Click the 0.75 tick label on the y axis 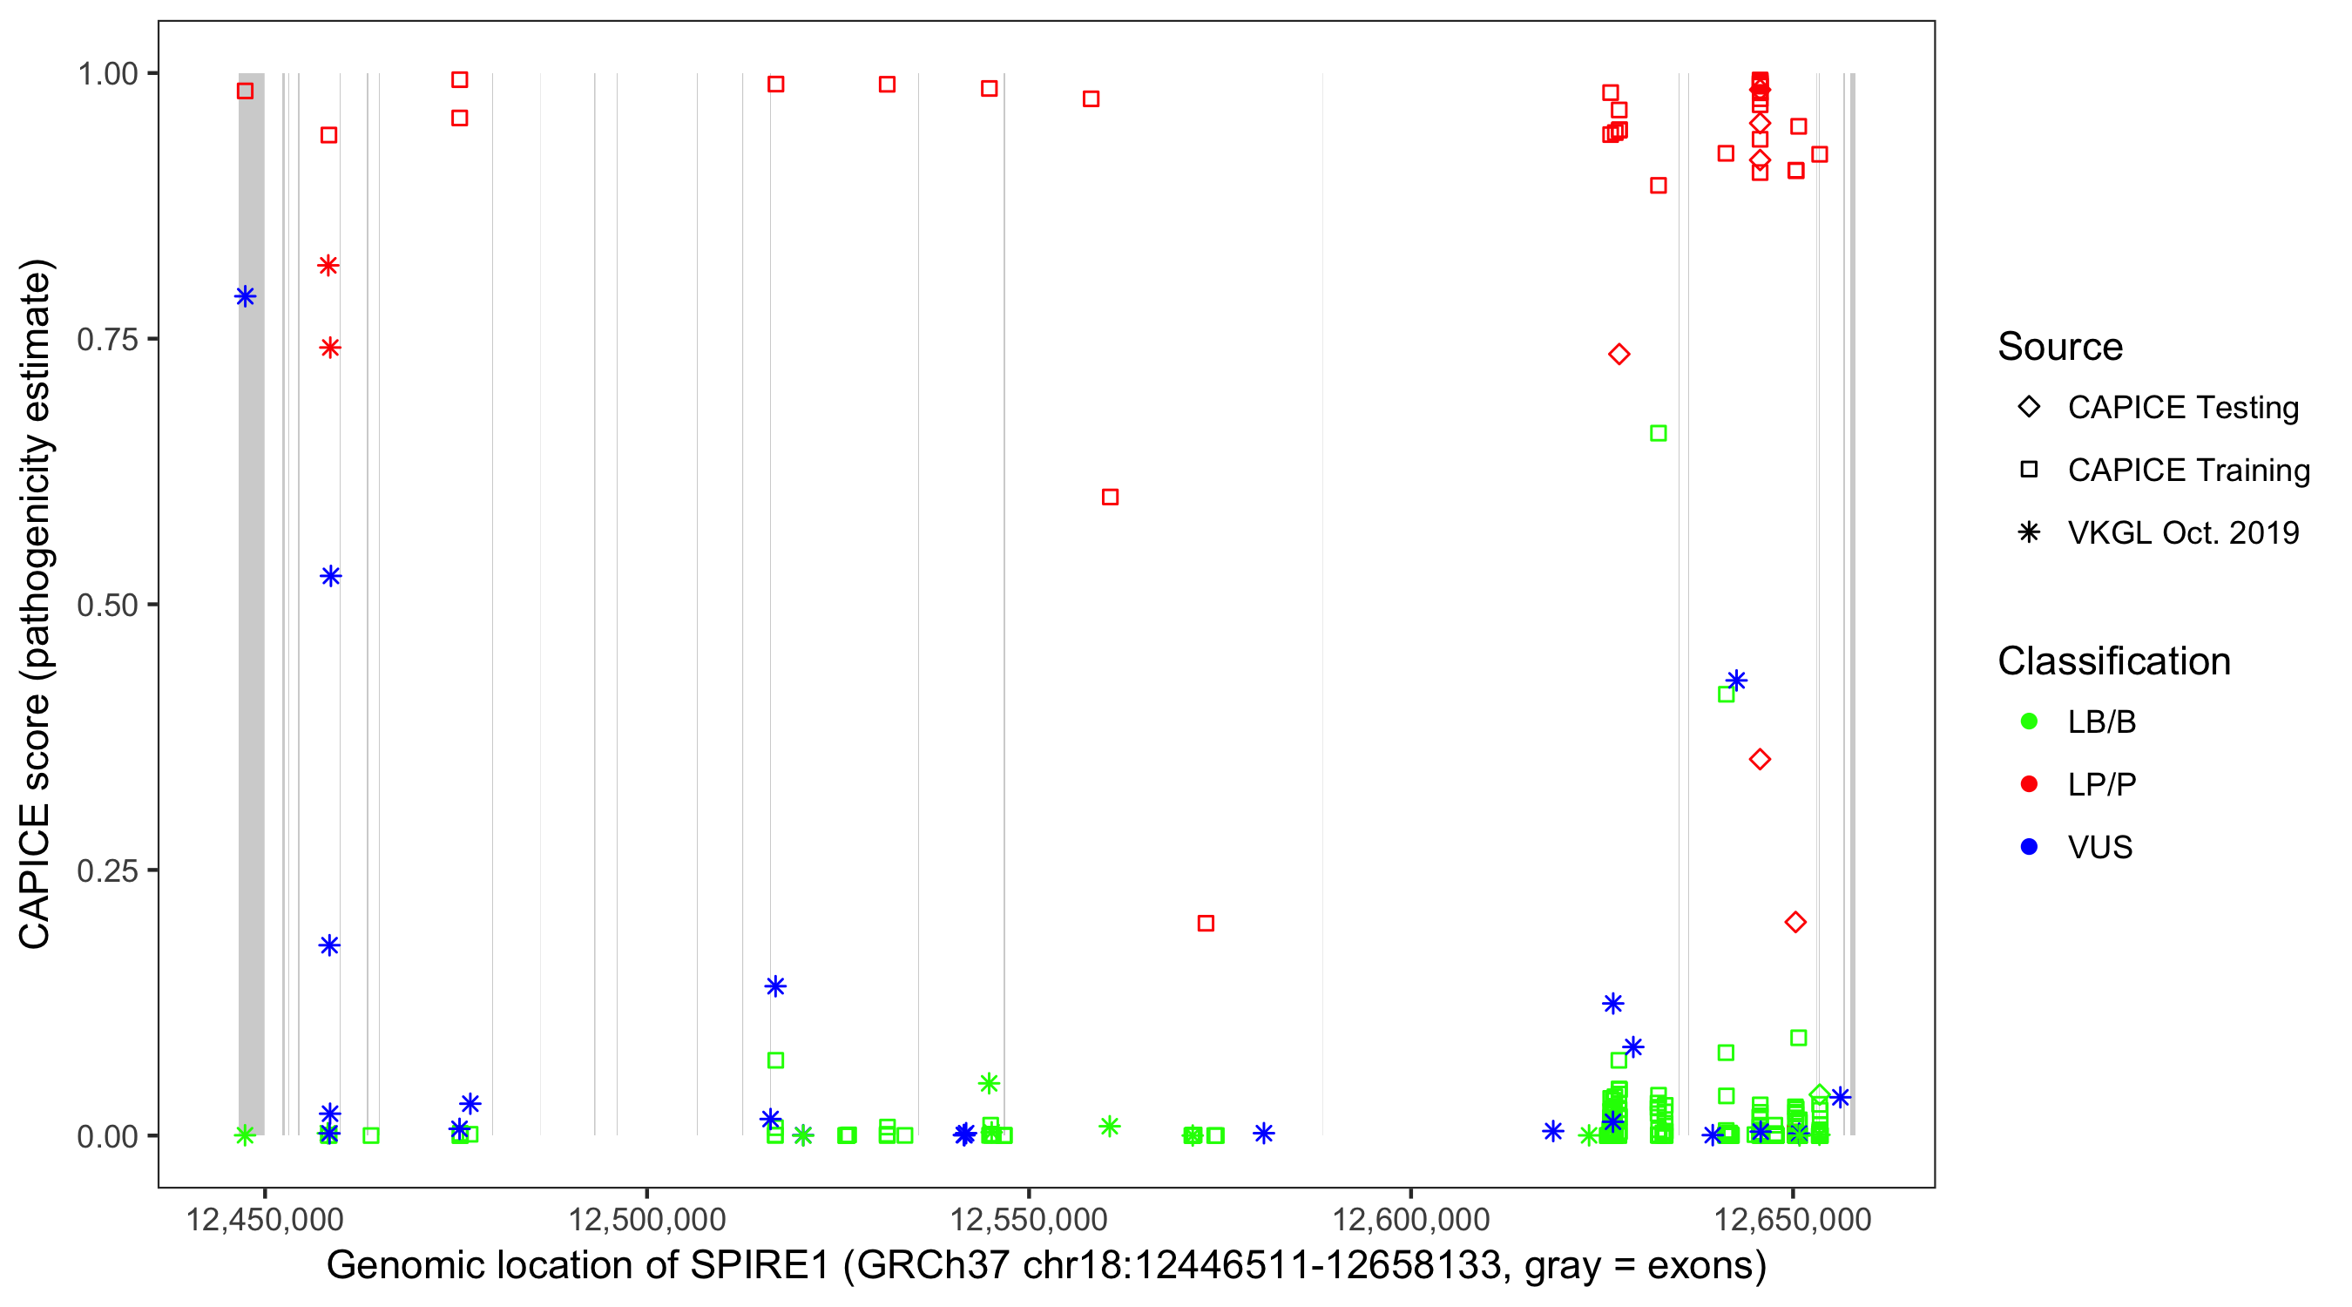106,339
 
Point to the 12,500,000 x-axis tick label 646,1219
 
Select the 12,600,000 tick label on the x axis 1410,1219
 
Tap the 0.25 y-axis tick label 106,870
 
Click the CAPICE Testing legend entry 2182,408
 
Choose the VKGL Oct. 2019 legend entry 2182,532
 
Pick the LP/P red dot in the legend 2029,784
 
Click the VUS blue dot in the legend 2029,847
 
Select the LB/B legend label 2101,721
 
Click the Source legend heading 2060,347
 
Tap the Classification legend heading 2112,661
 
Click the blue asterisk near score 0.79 245,296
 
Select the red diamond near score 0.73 1619,355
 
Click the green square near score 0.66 1658,433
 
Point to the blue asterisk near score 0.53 330,576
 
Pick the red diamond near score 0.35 1760,759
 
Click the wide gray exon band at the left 251,603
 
